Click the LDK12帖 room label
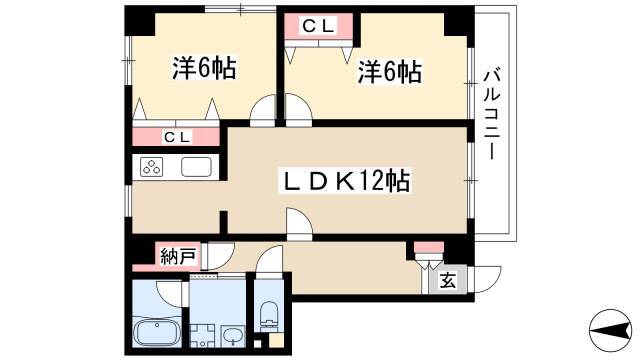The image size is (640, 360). pyautogui.click(x=344, y=181)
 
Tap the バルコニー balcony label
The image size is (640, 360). pyautogui.click(x=491, y=115)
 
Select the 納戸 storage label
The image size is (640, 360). pyautogui.click(x=178, y=256)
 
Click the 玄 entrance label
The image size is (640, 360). pyautogui.click(x=447, y=281)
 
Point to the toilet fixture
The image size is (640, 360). pyautogui.click(x=268, y=316)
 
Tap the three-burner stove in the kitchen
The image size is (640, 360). pyautogui.click(x=151, y=167)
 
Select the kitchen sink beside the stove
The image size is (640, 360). pyautogui.click(x=196, y=167)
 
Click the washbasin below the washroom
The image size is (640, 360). pyautogui.click(x=232, y=337)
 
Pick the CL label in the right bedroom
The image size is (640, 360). pyautogui.click(x=318, y=27)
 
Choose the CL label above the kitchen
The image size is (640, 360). pyautogui.click(x=176, y=138)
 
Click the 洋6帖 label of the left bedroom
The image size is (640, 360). pyautogui.click(x=204, y=68)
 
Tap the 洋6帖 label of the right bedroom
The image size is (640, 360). pyautogui.click(x=390, y=72)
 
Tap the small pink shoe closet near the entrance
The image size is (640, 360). pyautogui.click(x=429, y=247)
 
